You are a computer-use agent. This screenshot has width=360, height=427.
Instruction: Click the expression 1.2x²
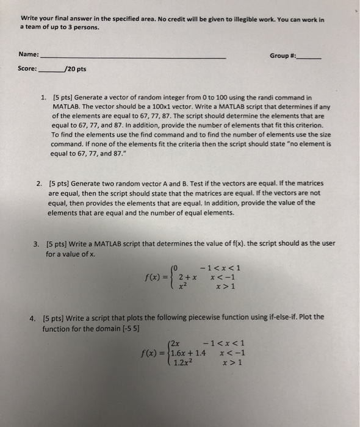(x=183, y=362)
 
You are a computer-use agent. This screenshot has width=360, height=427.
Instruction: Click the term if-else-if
(x=284, y=318)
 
